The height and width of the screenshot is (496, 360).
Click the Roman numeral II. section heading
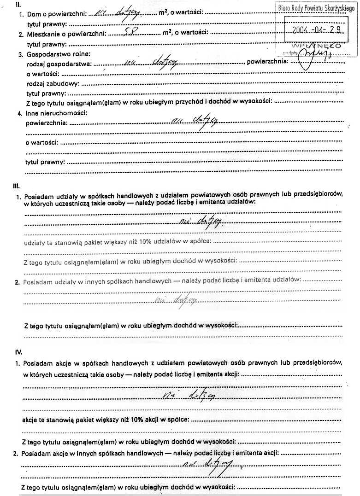(19, 6)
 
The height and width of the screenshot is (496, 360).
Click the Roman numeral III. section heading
(17, 186)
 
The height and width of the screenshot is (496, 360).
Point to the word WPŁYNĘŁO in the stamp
(323, 47)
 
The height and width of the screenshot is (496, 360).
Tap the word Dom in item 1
(34, 15)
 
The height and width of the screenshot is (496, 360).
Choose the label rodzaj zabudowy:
(53, 83)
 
